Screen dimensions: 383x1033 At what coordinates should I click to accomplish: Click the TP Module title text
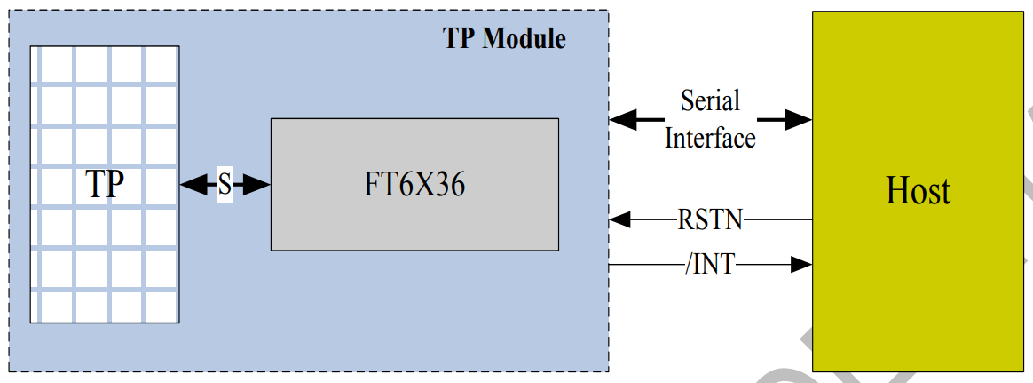pos(504,39)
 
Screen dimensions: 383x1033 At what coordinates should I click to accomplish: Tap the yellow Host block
pos(918,284)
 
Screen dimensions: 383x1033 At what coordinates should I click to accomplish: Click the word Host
pos(918,191)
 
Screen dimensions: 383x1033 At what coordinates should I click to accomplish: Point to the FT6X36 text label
pos(414,186)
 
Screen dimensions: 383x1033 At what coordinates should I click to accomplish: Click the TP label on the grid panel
pos(105,185)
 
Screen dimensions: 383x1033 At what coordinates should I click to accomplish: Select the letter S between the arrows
pos(225,185)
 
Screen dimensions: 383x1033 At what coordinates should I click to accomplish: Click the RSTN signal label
pos(711,219)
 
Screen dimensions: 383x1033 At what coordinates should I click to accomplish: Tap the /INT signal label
pos(711,264)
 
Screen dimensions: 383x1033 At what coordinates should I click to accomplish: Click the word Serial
pos(710,100)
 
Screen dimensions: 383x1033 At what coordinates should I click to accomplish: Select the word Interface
pos(710,138)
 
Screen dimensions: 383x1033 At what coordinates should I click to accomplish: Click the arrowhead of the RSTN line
pos(618,219)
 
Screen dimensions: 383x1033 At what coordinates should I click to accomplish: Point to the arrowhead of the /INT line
pos(803,264)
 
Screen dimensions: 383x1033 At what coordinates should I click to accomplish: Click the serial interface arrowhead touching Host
pos(801,119)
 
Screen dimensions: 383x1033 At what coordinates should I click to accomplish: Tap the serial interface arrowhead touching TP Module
pos(620,119)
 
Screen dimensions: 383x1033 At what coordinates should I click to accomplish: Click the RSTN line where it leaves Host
pos(808,219)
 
